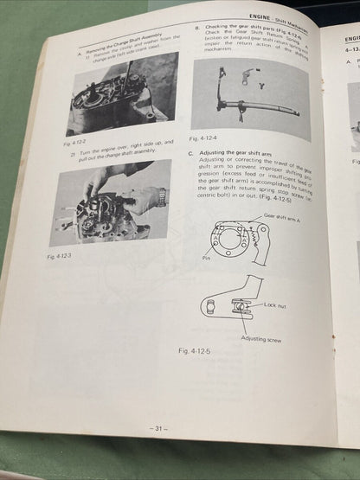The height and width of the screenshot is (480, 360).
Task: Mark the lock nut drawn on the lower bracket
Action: pos(241,304)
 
